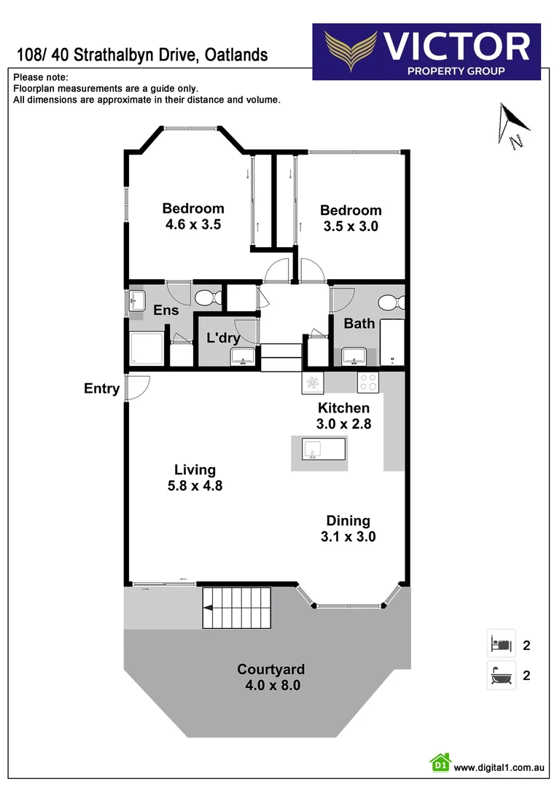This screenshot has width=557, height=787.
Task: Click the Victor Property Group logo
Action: (426, 51)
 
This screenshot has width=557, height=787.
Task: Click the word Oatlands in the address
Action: (236, 55)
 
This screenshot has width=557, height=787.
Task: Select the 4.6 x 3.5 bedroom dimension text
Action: (193, 224)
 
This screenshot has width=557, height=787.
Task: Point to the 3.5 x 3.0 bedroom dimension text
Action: (351, 226)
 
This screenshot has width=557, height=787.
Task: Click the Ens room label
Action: (166, 310)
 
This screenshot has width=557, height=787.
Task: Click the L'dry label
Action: (223, 338)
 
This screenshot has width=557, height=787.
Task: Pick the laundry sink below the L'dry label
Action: (241, 356)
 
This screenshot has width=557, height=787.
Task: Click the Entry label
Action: (101, 388)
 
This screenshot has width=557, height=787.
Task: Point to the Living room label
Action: (195, 469)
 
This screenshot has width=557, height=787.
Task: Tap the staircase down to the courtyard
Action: (236, 608)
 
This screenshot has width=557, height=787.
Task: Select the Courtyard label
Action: (270, 669)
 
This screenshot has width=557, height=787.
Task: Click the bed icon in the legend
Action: (501, 644)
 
